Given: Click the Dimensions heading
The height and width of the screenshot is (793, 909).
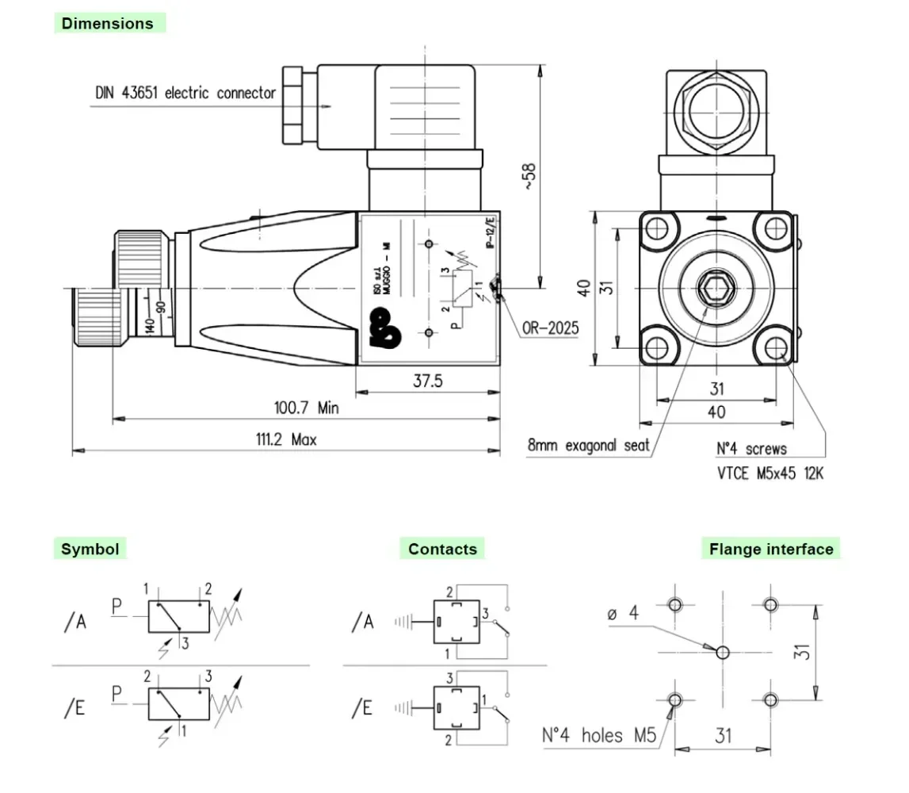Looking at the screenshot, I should coord(108,23).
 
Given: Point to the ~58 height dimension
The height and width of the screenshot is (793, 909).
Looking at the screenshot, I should coord(529,178).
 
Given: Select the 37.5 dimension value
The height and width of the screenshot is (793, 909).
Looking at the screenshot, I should coord(427,381).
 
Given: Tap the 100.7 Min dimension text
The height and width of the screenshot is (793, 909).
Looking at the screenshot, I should coord(306,408).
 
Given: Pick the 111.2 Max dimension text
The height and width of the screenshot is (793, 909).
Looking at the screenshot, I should coord(285,439).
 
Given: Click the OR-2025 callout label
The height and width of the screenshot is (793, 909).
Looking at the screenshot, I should coord(551,328).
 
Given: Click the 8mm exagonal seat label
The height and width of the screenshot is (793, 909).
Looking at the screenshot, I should coord(589,445).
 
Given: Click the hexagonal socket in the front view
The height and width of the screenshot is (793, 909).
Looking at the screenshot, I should coord(716,291).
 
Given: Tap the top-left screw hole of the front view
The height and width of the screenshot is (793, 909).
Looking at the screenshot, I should coord(657,228).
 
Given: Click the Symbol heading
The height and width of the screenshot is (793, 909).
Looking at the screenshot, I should coord(90,549).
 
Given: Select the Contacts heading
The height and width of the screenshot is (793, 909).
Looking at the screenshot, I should coord(442,549).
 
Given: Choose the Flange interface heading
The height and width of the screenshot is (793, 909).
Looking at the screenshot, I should coord(771,549).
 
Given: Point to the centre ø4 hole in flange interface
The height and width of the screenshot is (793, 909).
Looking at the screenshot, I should coord(722,653).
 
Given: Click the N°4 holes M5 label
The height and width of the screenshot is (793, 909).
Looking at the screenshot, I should coord(599,735).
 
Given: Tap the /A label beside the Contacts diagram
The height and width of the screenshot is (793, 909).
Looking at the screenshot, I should coord(362,623).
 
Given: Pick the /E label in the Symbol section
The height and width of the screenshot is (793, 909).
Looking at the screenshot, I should coord(74,708).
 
